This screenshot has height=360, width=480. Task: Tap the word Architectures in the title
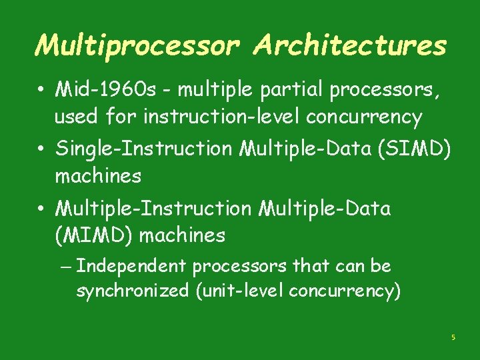[x=351, y=45]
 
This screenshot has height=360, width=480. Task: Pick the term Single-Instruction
[x=144, y=147]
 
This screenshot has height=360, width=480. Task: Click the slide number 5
[x=453, y=338]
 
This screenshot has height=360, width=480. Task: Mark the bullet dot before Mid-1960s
[x=41, y=89]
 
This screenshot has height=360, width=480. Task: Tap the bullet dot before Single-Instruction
[x=41, y=148]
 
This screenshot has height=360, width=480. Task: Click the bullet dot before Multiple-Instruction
[x=41, y=208]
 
